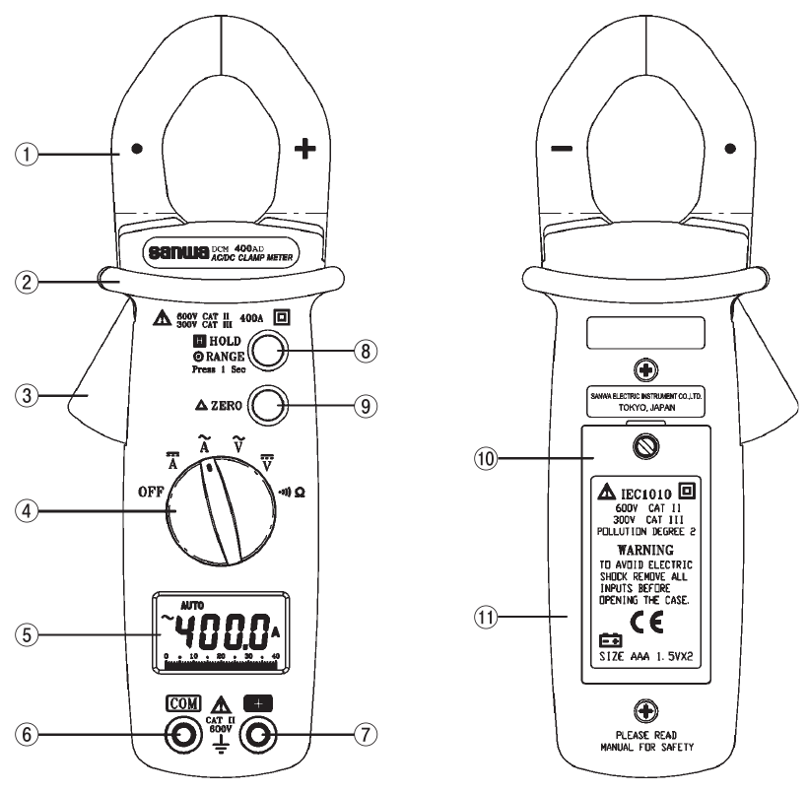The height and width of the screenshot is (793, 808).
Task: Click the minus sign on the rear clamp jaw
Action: point(561,150)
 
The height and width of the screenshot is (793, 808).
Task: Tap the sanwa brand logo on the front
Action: point(177,252)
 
